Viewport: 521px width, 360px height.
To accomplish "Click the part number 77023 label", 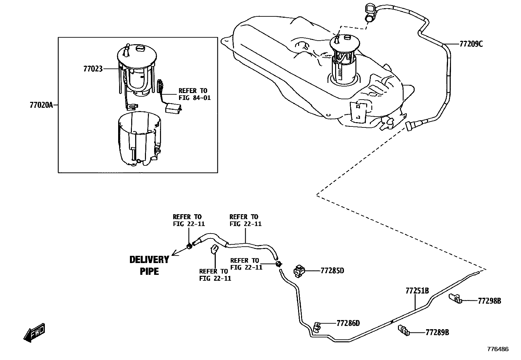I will pyautogui.click(x=93, y=69).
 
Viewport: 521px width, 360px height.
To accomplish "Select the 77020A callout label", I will pyautogui.click(x=41, y=105).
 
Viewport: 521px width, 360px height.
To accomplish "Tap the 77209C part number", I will pyautogui.click(x=471, y=44).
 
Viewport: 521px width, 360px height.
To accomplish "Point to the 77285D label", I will pyautogui.click(x=332, y=271).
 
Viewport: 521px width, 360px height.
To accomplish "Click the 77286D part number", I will pyautogui.click(x=348, y=323).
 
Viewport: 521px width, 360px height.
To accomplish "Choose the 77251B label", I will pyautogui.click(x=417, y=291).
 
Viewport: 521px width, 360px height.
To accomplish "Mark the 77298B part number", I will pyautogui.click(x=489, y=301).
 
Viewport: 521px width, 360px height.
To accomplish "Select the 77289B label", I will pyautogui.click(x=437, y=332).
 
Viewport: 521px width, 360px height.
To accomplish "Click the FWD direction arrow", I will pyautogui.click(x=34, y=333).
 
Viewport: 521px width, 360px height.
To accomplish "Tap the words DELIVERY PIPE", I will pyautogui.click(x=149, y=265).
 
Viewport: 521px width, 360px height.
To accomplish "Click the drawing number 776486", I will pyautogui.click(x=498, y=349).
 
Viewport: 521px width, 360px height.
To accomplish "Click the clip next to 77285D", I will pyautogui.click(x=299, y=271).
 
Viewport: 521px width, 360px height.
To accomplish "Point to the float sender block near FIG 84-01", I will pyautogui.click(x=173, y=108).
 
